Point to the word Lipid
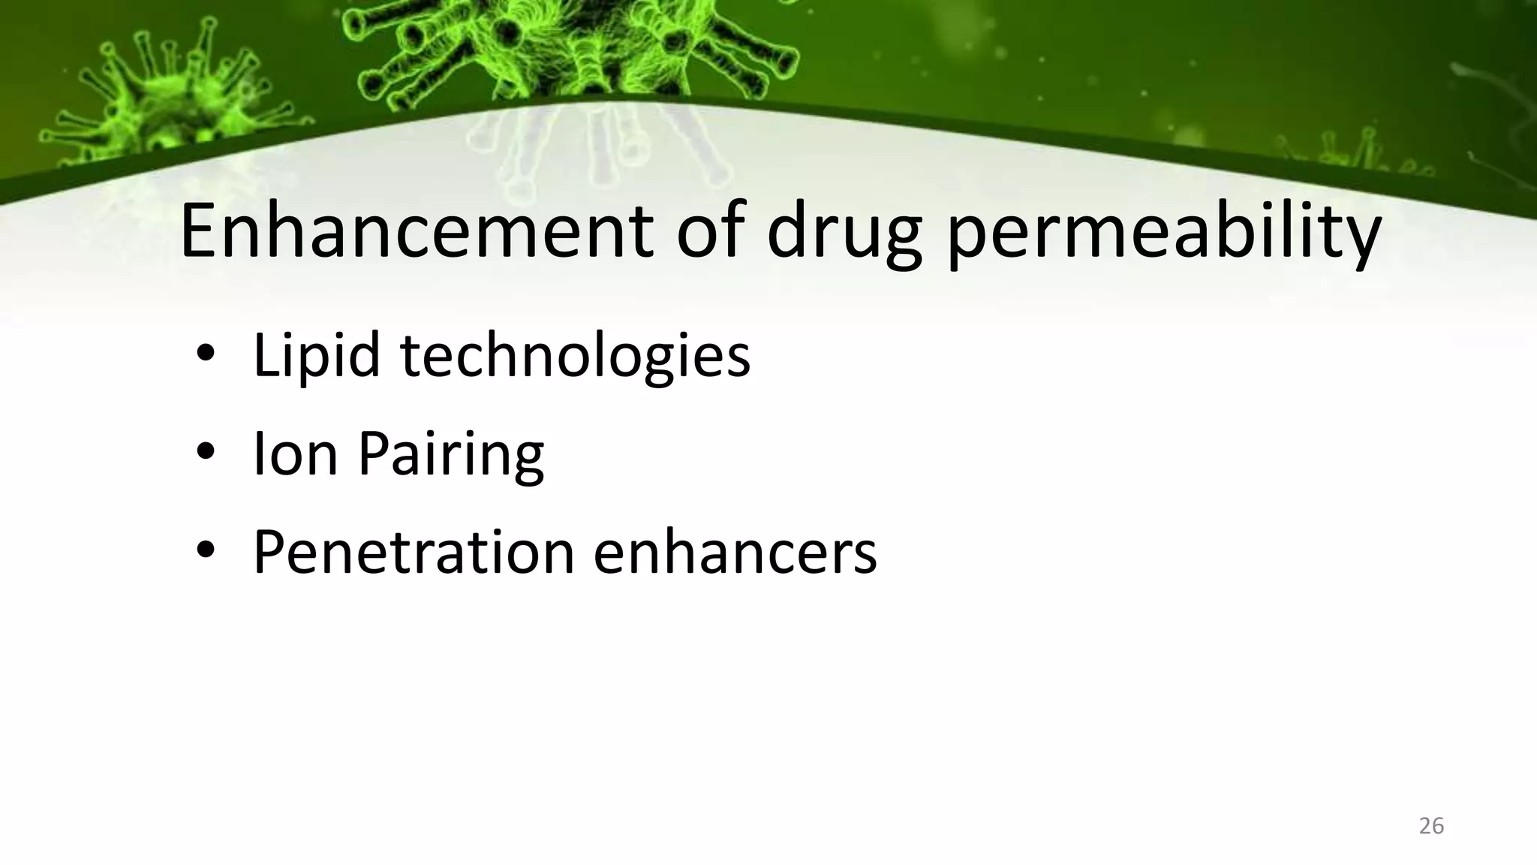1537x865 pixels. point(316,356)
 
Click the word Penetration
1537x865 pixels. point(414,553)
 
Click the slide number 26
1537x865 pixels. point(1431,826)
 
